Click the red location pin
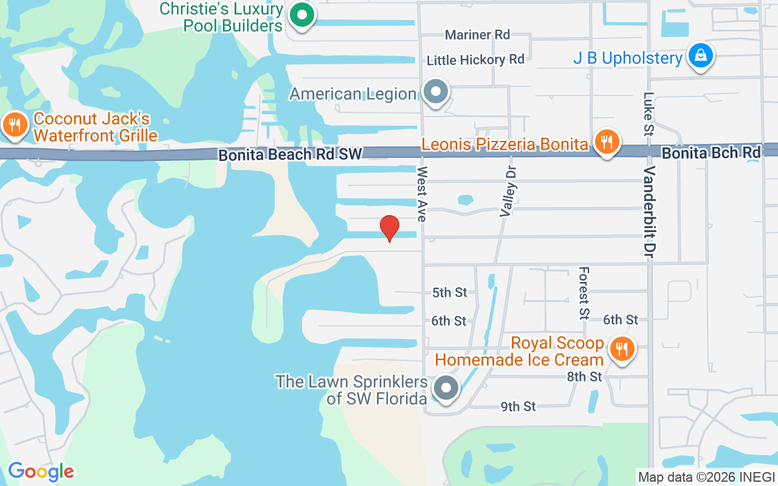[x=389, y=228]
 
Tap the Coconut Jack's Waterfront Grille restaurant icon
[x=13, y=126]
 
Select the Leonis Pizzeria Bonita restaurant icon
[x=606, y=143]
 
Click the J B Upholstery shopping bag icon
[x=701, y=56]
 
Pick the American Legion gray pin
[x=435, y=92]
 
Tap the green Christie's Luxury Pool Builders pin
[x=301, y=16]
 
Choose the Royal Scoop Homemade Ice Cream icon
[x=621, y=350]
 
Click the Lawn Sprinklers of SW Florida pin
[x=447, y=387]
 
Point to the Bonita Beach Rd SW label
[x=291, y=155]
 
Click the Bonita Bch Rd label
[x=711, y=153]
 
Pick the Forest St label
[x=584, y=293]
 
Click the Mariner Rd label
[x=477, y=35]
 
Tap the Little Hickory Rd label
[x=475, y=60]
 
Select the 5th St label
[x=450, y=293]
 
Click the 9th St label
[x=518, y=406]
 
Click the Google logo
[x=41, y=471]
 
